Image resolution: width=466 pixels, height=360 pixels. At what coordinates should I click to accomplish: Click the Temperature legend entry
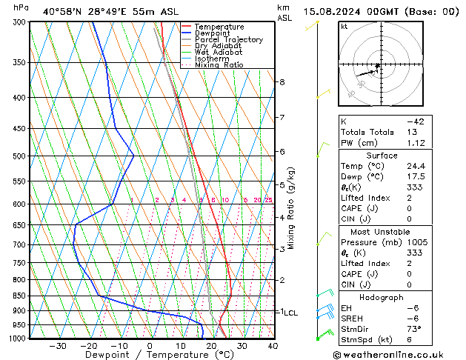(x=219, y=27)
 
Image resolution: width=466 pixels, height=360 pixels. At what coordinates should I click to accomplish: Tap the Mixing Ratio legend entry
(x=219, y=65)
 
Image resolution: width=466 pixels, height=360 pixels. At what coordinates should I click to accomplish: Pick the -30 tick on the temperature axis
(x=58, y=346)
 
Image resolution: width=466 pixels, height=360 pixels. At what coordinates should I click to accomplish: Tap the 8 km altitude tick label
(x=282, y=81)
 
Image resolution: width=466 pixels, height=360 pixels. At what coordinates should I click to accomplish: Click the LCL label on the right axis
(x=290, y=313)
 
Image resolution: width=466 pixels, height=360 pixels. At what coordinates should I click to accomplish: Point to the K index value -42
(x=415, y=121)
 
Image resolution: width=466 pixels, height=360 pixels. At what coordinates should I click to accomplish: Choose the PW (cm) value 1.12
(x=415, y=143)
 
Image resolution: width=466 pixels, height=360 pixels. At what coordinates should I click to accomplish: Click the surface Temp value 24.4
(x=415, y=166)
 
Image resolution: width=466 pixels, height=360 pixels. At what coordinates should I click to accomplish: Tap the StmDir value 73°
(x=415, y=329)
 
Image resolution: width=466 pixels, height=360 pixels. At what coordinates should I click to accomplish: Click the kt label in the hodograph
(x=344, y=27)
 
